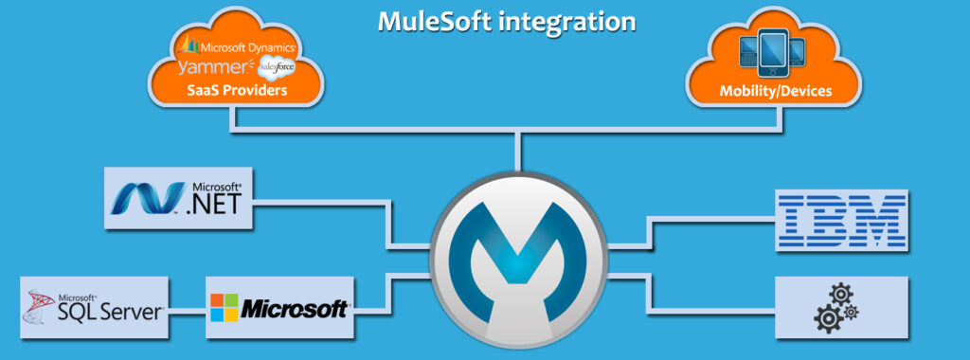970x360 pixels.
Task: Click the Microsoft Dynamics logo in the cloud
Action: pyautogui.click(x=242, y=45)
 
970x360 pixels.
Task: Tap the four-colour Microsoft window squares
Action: pyautogui.click(x=224, y=308)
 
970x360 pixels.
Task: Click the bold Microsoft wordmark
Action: pyautogui.click(x=293, y=309)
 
